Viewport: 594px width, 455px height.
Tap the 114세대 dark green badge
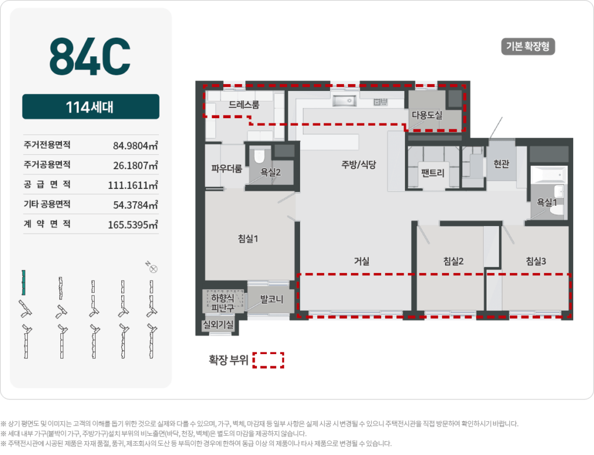point(90,107)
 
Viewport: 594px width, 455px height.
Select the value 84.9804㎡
point(135,145)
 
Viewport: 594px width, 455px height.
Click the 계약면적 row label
point(47,224)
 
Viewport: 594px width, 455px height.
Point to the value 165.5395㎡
point(133,224)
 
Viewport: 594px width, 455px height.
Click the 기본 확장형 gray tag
point(527,47)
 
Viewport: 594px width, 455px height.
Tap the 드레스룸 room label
point(244,105)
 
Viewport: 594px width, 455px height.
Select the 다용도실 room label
point(427,115)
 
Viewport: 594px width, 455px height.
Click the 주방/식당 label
point(359,164)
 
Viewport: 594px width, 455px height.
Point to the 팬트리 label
point(433,172)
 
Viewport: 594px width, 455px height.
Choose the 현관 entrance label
point(501,164)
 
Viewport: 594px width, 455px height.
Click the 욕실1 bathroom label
point(547,202)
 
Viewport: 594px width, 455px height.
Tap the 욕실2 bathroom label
point(270,172)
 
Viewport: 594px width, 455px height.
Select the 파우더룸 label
point(226,169)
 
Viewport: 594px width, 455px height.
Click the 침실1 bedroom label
point(248,238)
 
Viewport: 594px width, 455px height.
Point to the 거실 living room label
point(362,261)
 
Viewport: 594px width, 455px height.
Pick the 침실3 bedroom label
point(536,261)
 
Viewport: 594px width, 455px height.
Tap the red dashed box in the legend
point(268,360)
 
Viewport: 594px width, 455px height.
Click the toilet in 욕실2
point(259,155)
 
